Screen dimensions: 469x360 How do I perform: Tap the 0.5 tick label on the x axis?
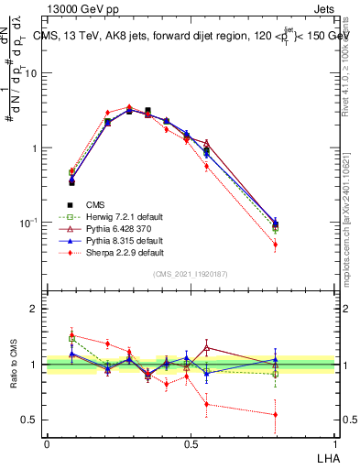click(x=190, y=443)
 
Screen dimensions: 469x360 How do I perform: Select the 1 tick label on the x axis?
click(x=333, y=443)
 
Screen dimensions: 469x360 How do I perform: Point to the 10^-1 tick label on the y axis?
click(x=27, y=222)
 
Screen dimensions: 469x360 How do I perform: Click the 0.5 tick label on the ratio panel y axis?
click(x=29, y=420)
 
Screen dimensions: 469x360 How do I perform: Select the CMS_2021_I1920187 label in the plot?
click(x=189, y=274)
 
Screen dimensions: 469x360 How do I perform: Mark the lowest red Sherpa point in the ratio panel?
click(x=276, y=414)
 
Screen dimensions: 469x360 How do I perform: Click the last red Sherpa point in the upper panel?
click(x=276, y=245)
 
